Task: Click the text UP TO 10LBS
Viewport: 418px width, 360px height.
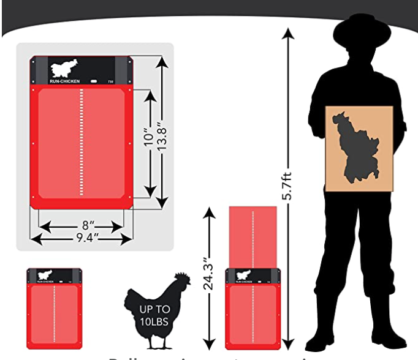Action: click(x=156, y=315)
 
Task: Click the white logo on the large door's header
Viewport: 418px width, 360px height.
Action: click(x=64, y=67)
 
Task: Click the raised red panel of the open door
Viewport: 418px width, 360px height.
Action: click(x=253, y=236)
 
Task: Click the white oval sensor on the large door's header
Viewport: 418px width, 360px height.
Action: click(x=94, y=81)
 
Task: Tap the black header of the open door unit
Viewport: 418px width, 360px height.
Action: click(x=253, y=276)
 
